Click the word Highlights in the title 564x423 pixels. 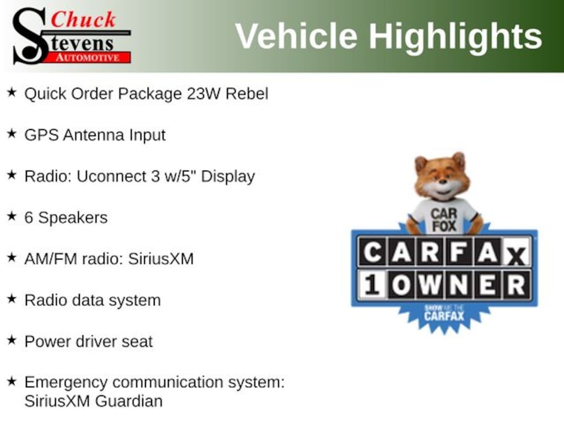tap(455, 36)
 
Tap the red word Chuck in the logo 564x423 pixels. tap(83, 19)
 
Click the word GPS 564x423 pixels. tap(41, 135)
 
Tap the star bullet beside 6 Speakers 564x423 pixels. tap(12, 216)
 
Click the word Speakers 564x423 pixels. tap(73, 218)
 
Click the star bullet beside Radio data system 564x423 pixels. tap(12, 299)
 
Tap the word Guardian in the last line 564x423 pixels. tap(129, 400)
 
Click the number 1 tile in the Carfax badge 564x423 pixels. tap(372, 285)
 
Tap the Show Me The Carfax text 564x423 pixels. tap(444, 313)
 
